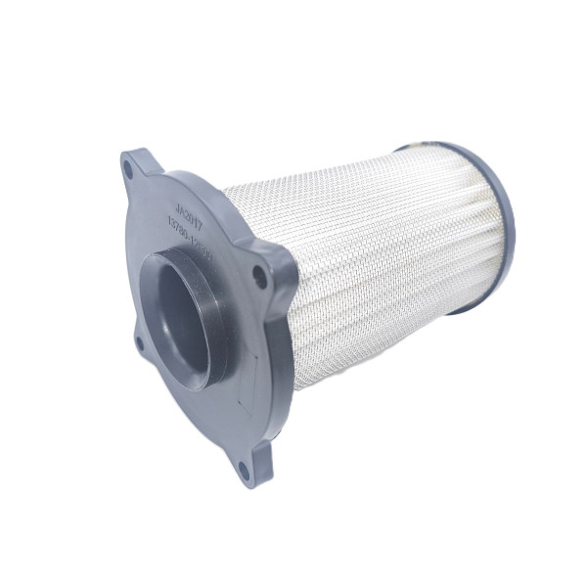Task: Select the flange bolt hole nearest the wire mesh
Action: [x=259, y=277]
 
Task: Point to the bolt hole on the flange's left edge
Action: [x=139, y=341]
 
